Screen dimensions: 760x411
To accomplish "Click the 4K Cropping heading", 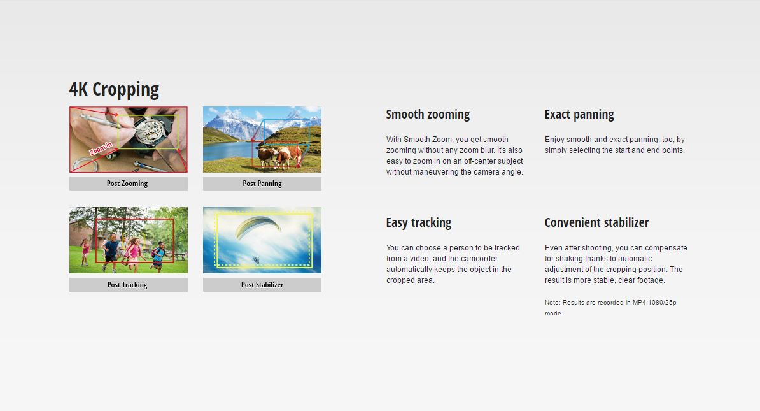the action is click(114, 90).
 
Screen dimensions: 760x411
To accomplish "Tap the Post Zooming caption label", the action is click(128, 184).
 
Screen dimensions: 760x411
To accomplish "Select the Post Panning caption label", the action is click(262, 184).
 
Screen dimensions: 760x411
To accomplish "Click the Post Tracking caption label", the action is click(128, 285).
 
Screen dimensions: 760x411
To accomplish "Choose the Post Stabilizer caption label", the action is click(262, 285).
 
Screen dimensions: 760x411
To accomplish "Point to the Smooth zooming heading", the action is click(428, 115).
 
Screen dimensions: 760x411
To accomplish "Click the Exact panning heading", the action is click(579, 115).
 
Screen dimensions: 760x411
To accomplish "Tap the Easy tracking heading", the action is click(419, 223).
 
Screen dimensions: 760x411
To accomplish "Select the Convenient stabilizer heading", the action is click(596, 223).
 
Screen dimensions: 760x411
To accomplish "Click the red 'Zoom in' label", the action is click(101, 148).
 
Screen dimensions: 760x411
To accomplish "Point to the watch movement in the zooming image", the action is click(148, 131).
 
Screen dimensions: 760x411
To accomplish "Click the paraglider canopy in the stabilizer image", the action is click(257, 226).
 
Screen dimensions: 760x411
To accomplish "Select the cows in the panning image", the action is click(279, 156).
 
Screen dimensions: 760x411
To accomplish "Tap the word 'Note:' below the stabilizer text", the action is click(552, 302).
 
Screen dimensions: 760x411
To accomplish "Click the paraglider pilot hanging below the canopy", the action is click(255, 259).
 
